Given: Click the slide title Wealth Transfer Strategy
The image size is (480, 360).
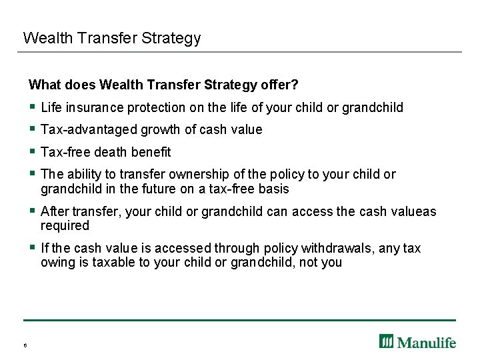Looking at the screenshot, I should point(111,38).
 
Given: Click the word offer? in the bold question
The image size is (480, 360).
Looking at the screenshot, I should point(280,85).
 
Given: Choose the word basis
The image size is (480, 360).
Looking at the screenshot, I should point(274,189).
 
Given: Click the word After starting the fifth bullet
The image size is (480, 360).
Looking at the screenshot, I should point(55,211).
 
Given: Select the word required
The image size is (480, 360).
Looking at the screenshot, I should point(65,225).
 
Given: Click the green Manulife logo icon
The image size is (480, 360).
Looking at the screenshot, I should point(387,341).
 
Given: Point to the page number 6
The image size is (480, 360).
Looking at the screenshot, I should point(24,345).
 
